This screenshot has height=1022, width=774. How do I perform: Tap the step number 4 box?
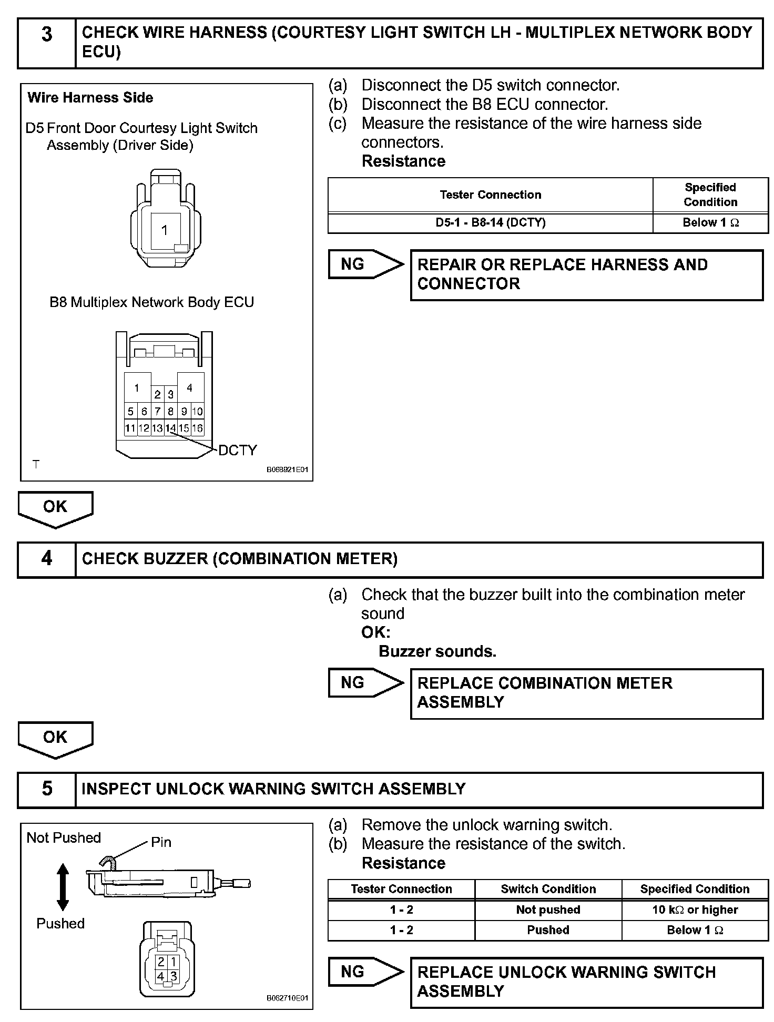point(47,560)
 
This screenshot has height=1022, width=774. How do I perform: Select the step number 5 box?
point(47,790)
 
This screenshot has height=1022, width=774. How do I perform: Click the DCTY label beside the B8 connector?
point(238,450)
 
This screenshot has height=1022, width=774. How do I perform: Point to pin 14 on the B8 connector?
point(170,428)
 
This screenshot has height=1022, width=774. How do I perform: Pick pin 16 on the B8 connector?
point(197,428)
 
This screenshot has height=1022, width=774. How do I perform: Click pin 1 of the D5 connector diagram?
point(165,230)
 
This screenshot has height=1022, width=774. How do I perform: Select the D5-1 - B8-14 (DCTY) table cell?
point(490,222)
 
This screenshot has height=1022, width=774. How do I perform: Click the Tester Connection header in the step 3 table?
point(490,195)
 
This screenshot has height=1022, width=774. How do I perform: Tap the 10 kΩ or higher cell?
point(695,910)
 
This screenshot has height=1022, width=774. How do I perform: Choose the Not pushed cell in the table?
point(548,910)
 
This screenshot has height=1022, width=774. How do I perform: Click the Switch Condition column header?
point(548,889)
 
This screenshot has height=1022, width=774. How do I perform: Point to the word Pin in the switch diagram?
point(161,842)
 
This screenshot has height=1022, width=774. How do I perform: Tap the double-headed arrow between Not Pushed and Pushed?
point(63,886)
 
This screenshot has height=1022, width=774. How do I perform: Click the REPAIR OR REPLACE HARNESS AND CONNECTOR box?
point(586,274)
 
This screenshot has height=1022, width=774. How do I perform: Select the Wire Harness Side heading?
point(90,98)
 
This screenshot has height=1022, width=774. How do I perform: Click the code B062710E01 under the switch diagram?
point(287,998)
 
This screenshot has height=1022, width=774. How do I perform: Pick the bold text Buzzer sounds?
point(437,651)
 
